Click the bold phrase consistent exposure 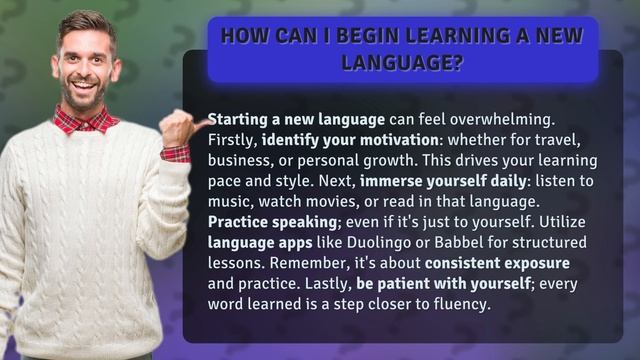[x=497, y=264]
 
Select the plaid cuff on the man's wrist [x=176, y=152]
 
